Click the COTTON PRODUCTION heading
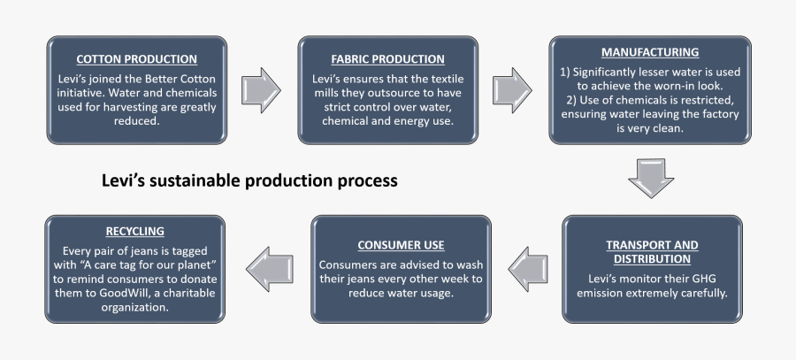click(x=136, y=59)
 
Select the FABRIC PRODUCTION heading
click(x=388, y=59)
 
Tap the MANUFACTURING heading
click(x=650, y=52)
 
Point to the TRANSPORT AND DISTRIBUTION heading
click(x=653, y=252)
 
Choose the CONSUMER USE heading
click(x=401, y=246)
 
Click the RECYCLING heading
click(x=135, y=232)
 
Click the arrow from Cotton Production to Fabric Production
click(x=261, y=90)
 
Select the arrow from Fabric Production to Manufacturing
click(x=512, y=90)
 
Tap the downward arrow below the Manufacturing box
click(x=651, y=178)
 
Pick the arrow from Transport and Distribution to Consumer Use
click(x=528, y=269)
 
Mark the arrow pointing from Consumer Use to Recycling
click(x=270, y=269)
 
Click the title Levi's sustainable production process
click(x=249, y=180)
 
